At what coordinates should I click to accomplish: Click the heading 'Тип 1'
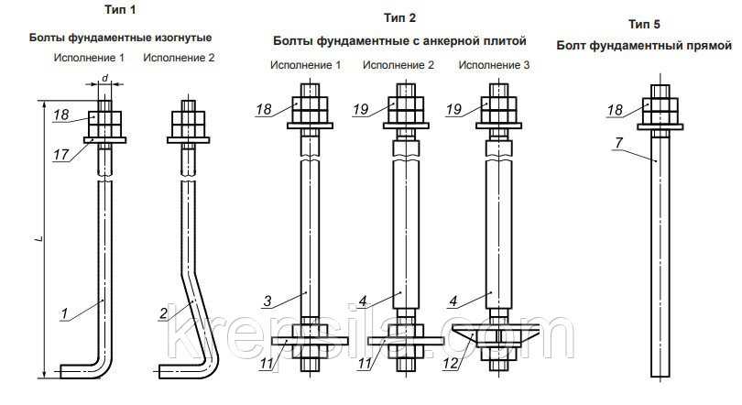[120, 10]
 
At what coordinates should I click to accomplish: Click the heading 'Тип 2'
[400, 18]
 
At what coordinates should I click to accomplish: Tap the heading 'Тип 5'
[644, 24]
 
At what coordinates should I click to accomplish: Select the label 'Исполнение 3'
[494, 65]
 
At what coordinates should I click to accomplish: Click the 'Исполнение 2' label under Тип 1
[179, 58]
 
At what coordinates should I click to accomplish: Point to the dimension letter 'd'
[105, 78]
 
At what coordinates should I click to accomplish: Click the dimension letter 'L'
[40, 239]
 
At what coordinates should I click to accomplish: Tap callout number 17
[61, 155]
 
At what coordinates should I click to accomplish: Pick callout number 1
[64, 312]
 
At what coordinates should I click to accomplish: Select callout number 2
[164, 312]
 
